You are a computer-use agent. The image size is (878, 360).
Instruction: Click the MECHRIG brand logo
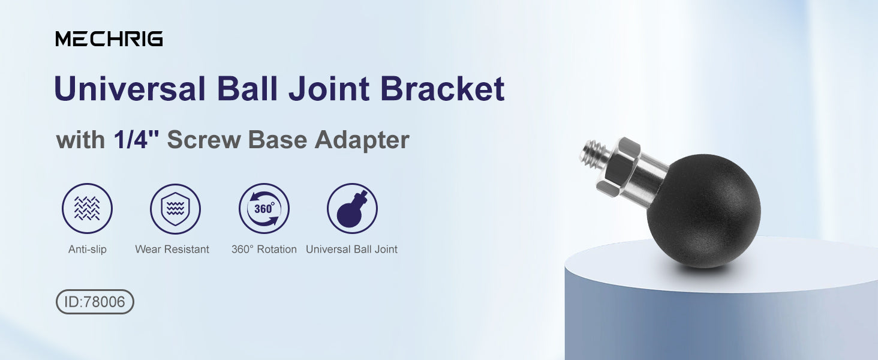[109, 39]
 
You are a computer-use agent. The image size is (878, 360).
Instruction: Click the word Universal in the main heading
[130, 88]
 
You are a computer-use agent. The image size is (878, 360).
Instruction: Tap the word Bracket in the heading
[442, 88]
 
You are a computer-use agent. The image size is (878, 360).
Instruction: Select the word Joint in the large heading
[329, 88]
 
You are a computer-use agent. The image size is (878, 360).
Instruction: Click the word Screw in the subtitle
[204, 140]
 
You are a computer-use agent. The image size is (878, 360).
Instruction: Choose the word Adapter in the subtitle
[362, 140]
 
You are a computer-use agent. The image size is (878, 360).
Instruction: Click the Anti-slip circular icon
[87, 208]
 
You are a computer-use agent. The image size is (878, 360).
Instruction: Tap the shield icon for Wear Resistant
[175, 208]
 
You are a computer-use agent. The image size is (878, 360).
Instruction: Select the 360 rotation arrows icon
[264, 208]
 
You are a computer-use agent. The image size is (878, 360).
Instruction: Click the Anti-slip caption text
[88, 249]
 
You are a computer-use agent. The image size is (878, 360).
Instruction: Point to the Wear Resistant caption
[172, 249]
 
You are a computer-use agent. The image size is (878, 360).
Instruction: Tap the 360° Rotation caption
[264, 249]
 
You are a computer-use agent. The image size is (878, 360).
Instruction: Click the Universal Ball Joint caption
[351, 249]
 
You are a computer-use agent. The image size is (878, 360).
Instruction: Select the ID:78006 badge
[95, 302]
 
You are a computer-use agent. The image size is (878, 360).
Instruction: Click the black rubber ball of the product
[703, 212]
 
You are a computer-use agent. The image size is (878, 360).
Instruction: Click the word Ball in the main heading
[247, 88]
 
